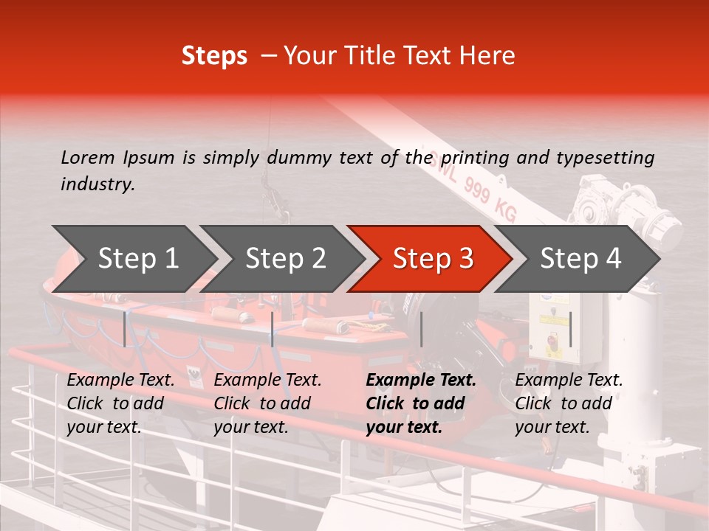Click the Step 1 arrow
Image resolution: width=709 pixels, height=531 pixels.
[137, 259]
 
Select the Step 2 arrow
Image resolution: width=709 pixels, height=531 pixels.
[285, 259]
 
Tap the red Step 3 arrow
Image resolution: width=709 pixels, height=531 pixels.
[432, 259]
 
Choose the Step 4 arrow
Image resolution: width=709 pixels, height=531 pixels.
[580, 259]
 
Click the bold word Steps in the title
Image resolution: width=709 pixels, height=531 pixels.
[214, 56]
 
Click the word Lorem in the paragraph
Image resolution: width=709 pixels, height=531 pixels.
[87, 158]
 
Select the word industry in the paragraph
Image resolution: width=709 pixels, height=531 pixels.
[97, 184]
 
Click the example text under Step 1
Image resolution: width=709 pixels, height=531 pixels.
[120, 403]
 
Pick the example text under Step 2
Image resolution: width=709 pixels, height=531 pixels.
[267, 403]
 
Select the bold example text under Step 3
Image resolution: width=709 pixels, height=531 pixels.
[421, 403]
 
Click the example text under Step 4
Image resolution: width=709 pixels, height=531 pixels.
[569, 403]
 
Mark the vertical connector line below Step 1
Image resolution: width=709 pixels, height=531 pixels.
[125, 329]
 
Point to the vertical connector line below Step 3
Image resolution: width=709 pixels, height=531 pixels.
[421, 329]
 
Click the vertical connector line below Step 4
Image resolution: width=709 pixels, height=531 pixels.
[570, 329]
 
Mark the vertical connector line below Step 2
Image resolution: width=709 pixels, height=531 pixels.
[273, 329]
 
